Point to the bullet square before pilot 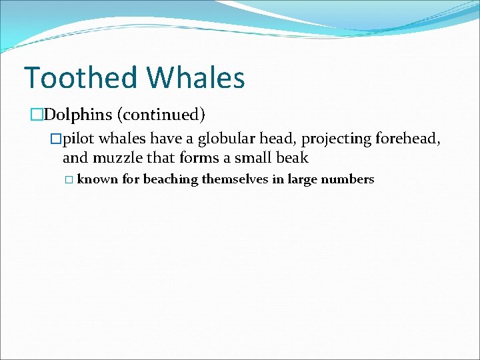point(56,139)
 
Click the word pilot point(78,139)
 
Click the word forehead point(407,139)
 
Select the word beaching point(171,179)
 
